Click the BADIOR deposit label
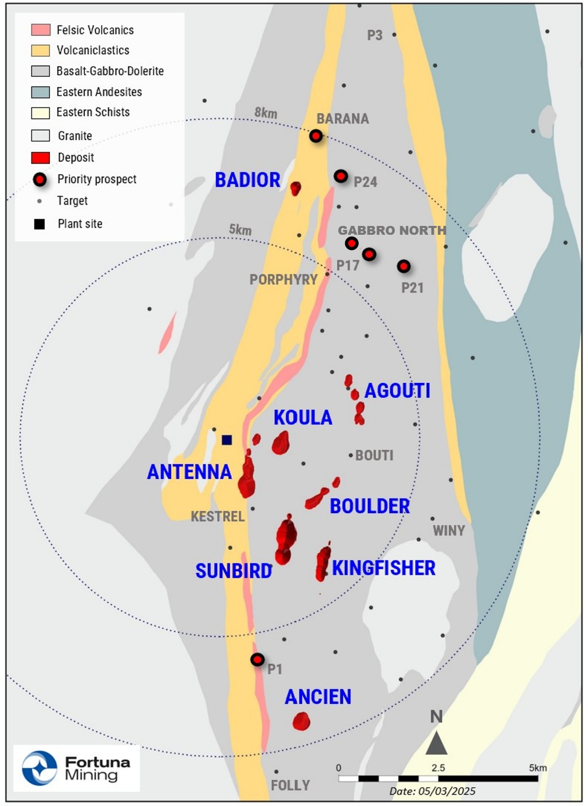[247, 180]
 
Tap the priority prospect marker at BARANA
[316, 136]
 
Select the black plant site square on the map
[227, 440]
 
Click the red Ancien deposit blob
[301, 721]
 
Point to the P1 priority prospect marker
[258, 660]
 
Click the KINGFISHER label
[383, 568]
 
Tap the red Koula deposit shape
[281, 443]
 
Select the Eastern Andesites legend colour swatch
[40, 92]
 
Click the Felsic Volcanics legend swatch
[40, 29]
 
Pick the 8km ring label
[266, 113]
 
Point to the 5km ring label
[240, 229]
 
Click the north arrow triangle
[436, 743]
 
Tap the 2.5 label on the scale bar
[438, 767]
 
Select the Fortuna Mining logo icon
[40, 768]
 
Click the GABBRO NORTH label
[392, 230]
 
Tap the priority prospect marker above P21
[403, 266]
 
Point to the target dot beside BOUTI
[351, 455]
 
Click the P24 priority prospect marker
[341, 176]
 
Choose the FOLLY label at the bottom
[290, 785]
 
